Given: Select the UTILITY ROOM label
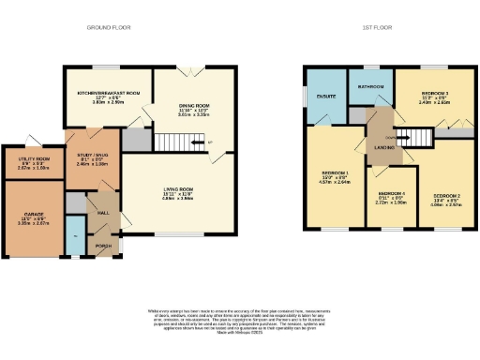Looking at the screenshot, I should pyautogui.click(x=34, y=160).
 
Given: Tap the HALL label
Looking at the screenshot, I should pyautogui.click(x=103, y=213).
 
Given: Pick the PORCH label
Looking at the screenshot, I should pyautogui.click(x=103, y=247).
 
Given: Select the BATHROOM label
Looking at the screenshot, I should pyautogui.click(x=370, y=86).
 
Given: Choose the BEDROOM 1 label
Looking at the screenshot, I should pyautogui.click(x=336, y=174).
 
